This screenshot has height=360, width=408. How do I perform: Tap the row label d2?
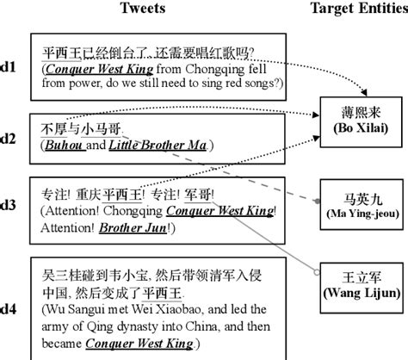point(9,138)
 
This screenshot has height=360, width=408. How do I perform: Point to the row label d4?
point(9,301)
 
